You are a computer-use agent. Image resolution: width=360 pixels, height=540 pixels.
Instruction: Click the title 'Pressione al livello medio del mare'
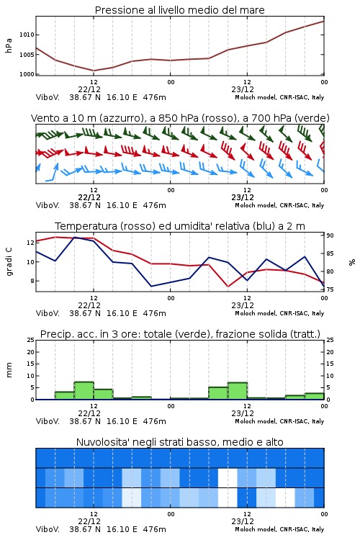click(x=179, y=10)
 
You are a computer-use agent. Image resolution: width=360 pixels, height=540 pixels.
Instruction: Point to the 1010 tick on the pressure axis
click(x=27, y=35)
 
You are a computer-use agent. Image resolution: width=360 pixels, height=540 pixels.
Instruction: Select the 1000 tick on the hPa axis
click(x=27, y=74)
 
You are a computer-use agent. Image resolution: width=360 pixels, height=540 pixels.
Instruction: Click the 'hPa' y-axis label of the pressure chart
click(x=9, y=45)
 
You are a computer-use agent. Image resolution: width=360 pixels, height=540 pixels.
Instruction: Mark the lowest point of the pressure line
click(x=94, y=71)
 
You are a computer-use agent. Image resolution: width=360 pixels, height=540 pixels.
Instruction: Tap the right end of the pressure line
click(x=324, y=21)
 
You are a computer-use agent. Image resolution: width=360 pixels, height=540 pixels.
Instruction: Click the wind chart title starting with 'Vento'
click(x=180, y=118)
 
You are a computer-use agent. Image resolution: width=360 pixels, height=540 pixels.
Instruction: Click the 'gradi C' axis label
click(x=9, y=262)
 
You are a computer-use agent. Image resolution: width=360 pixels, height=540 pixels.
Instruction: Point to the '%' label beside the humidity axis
click(x=352, y=262)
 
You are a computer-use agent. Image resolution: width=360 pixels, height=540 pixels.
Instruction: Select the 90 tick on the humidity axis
click(x=330, y=235)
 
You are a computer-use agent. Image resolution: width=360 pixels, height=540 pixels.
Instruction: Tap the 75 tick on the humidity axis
click(x=330, y=289)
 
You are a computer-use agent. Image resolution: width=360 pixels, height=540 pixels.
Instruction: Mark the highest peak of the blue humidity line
click(x=75, y=237)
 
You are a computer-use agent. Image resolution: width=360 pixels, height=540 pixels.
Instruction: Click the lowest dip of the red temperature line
click(x=228, y=287)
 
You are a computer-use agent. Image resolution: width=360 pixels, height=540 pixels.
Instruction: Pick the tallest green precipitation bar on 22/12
click(x=84, y=390)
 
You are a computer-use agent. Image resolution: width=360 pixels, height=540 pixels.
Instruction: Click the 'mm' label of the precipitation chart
click(x=9, y=369)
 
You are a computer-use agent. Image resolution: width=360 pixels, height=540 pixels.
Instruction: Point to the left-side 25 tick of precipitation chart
click(x=31, y=340)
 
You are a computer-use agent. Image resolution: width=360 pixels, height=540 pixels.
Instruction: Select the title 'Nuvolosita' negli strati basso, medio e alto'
click(x=179, y=442)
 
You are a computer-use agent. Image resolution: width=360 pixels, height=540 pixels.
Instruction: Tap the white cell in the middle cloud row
click(x=228, y=477)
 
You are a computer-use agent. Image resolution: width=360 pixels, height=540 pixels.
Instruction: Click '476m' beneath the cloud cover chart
click(x=154, y=529)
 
